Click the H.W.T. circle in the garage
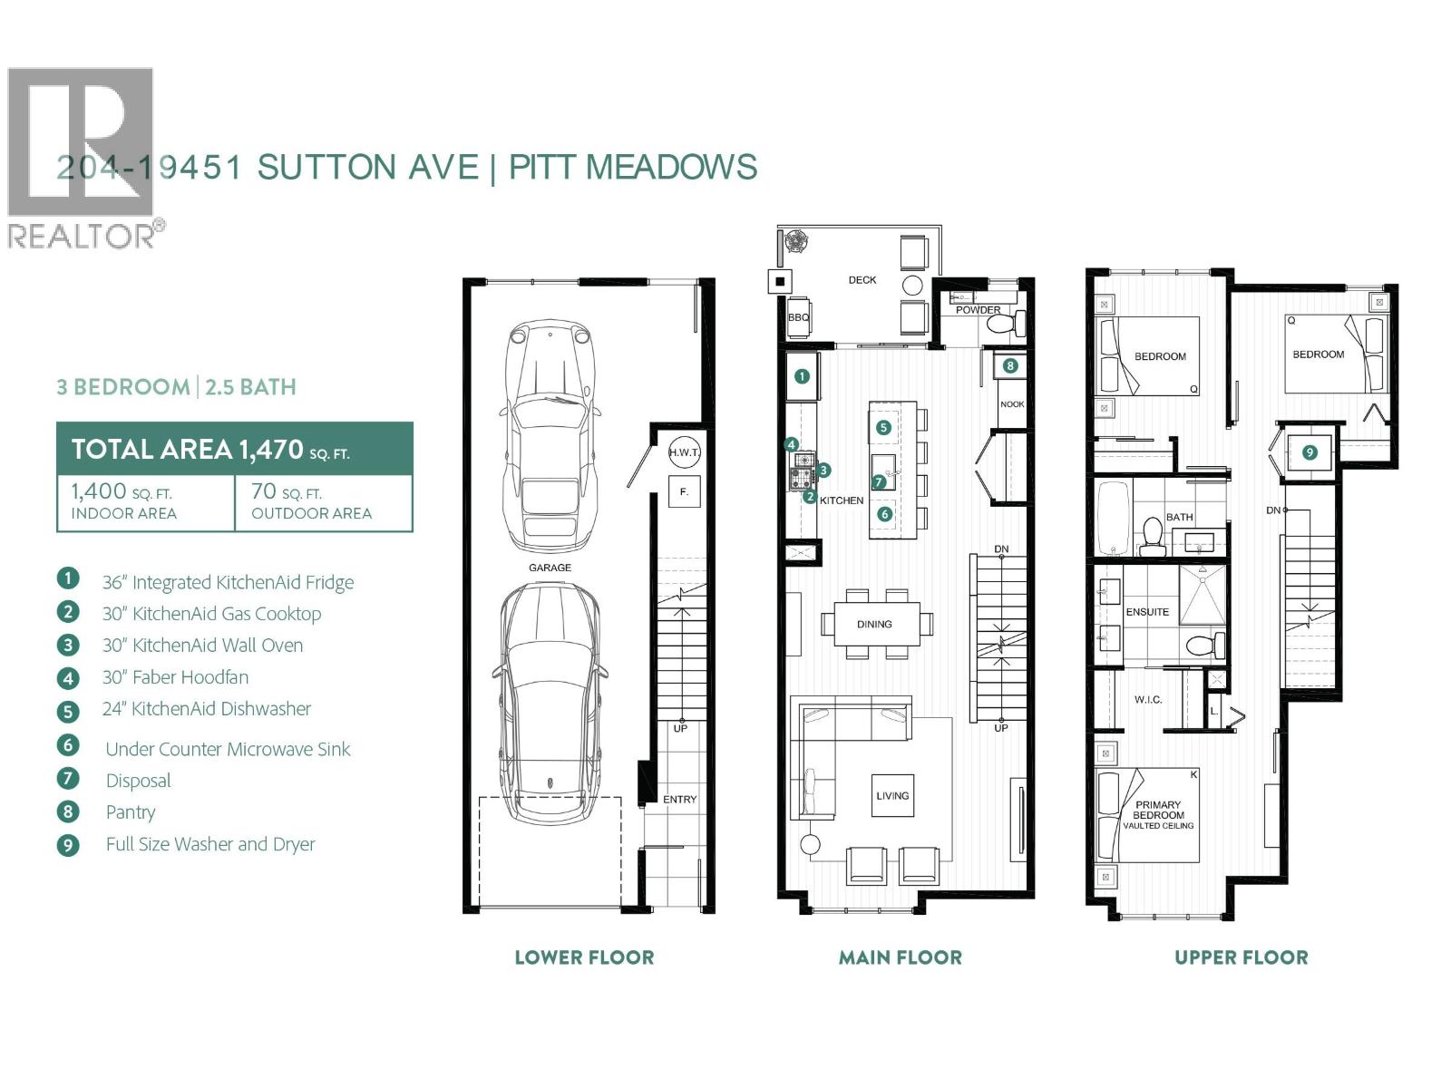coord(684,452)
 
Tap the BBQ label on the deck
coord(798,318)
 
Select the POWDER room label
coord(978,310)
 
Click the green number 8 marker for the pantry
coord(1010,366)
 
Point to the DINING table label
coord(874,624)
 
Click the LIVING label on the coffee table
coord(892,795)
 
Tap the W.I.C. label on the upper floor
coord(1147,700)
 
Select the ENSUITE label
coord(1147,612)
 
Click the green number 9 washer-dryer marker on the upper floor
coord(1310,452)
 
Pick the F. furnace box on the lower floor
coord(684,491)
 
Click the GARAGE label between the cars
coord(550,568)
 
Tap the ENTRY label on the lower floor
coord(679,800)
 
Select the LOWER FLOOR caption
coord(584,957)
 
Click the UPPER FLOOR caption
coord(1241,957)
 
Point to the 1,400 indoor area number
coord(99,491)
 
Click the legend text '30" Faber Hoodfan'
coord(175,677)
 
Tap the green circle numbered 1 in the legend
coord(68,579)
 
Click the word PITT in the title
coord(542,167)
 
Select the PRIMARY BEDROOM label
coord(1158,810)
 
